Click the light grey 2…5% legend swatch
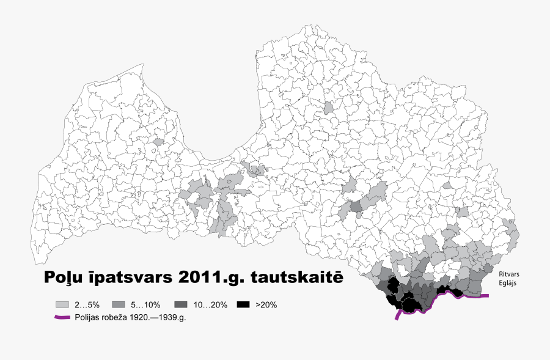point(62,304)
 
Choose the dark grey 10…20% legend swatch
point(181,304)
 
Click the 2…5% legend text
point(87,304)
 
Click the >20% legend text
point(267,304)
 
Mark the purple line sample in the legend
point(63,317)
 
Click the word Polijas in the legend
point(89,317)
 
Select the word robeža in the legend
point(122,317)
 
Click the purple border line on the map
point(477,296)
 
